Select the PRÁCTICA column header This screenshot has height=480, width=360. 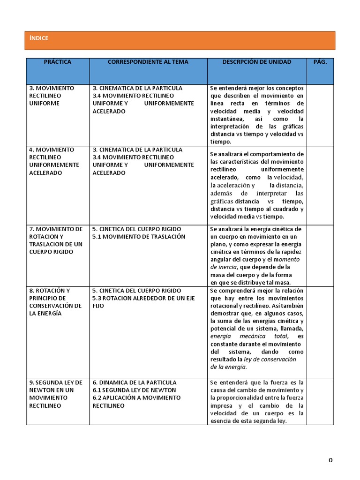tap(58, 62)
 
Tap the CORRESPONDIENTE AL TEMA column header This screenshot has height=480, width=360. tap(148, 62)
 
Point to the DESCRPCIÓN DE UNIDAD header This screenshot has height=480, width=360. tap(256, 62)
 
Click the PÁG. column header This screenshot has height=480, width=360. tap(320, 62)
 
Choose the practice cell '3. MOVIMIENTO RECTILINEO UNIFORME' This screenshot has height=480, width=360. tap(51, 96)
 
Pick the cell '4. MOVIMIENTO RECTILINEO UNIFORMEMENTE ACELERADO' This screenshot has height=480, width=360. tap(54, 161)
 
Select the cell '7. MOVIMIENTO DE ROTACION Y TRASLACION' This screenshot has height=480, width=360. tap(55, 240)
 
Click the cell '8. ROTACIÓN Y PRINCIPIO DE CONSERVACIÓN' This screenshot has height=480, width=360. tap(55, 302)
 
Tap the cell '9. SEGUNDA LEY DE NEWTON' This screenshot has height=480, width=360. tap(55, 394)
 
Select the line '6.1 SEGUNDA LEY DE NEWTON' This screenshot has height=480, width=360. tap(134, 390)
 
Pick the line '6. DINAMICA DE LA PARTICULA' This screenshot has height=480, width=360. tap(135, 382)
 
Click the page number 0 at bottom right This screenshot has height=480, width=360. tap(330, 461)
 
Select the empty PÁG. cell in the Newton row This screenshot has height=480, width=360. tap(321, 402)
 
